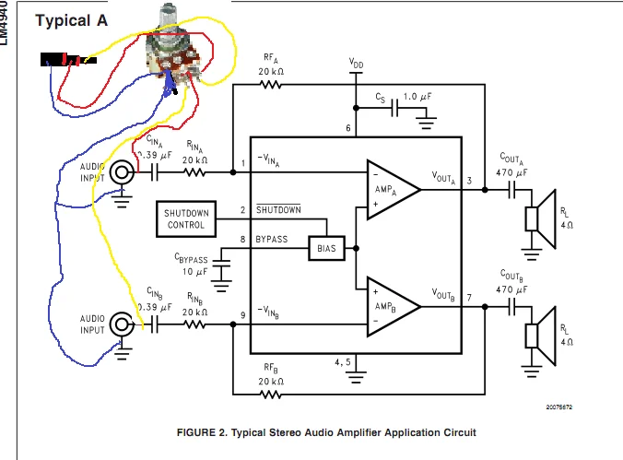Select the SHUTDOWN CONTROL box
point(186,218)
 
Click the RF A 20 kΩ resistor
point(270,85)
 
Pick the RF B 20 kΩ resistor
point(270,394)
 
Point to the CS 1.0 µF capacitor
point(397,107)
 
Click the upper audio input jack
point(121,171)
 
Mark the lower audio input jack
point(121,324)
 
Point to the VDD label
point(356,64)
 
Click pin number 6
point(348,128)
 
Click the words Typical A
point(71,21)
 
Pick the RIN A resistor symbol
point(194,171)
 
